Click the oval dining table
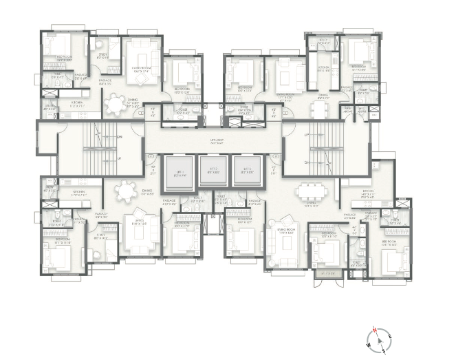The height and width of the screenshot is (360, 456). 125,191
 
